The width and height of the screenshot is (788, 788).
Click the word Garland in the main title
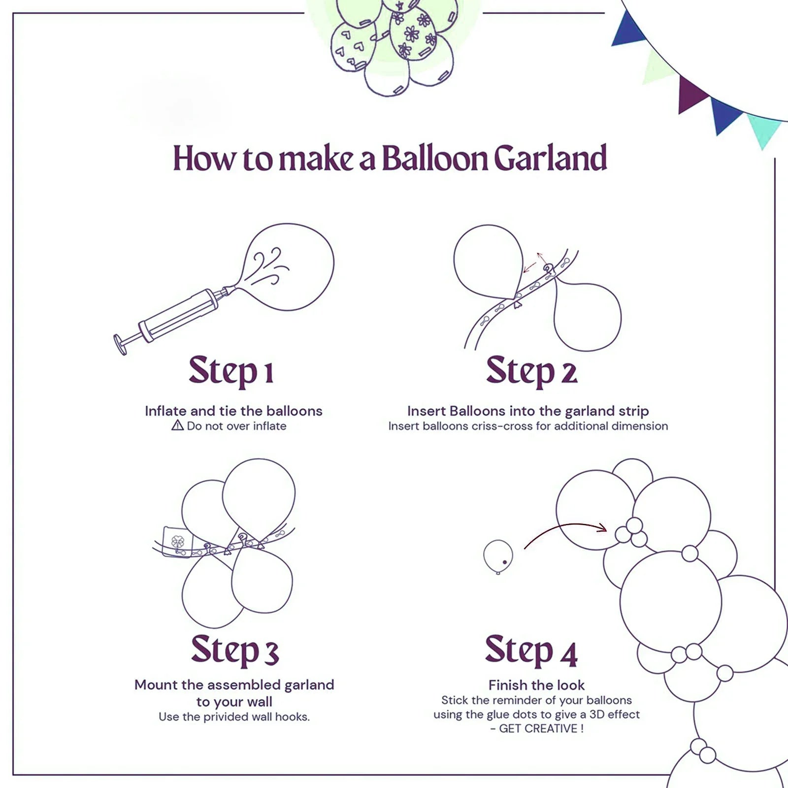pyautogui.click(x=550, y=159)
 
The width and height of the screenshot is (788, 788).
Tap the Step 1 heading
pyautogui.click(x=230, y=370)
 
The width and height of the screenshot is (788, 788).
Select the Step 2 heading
pyautogui.click(x=531, y=370)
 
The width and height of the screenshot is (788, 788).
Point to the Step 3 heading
pyautogui.click(x=234, y=650)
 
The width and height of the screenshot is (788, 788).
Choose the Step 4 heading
pyautogui.click(x=531, y=650)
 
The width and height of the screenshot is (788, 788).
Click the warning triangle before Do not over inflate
pyautogui.click(x=177, y=426)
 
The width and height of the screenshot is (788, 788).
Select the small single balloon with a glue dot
pyautogui.click(x=498, y=556)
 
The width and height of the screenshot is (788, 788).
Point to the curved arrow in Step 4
pyautogui.click(x=566, y=529)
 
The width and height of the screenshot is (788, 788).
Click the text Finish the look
pyautogui.click(x=536, y=685)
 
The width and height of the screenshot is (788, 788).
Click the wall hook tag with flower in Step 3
pyautogui.click(x=177, y=542)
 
